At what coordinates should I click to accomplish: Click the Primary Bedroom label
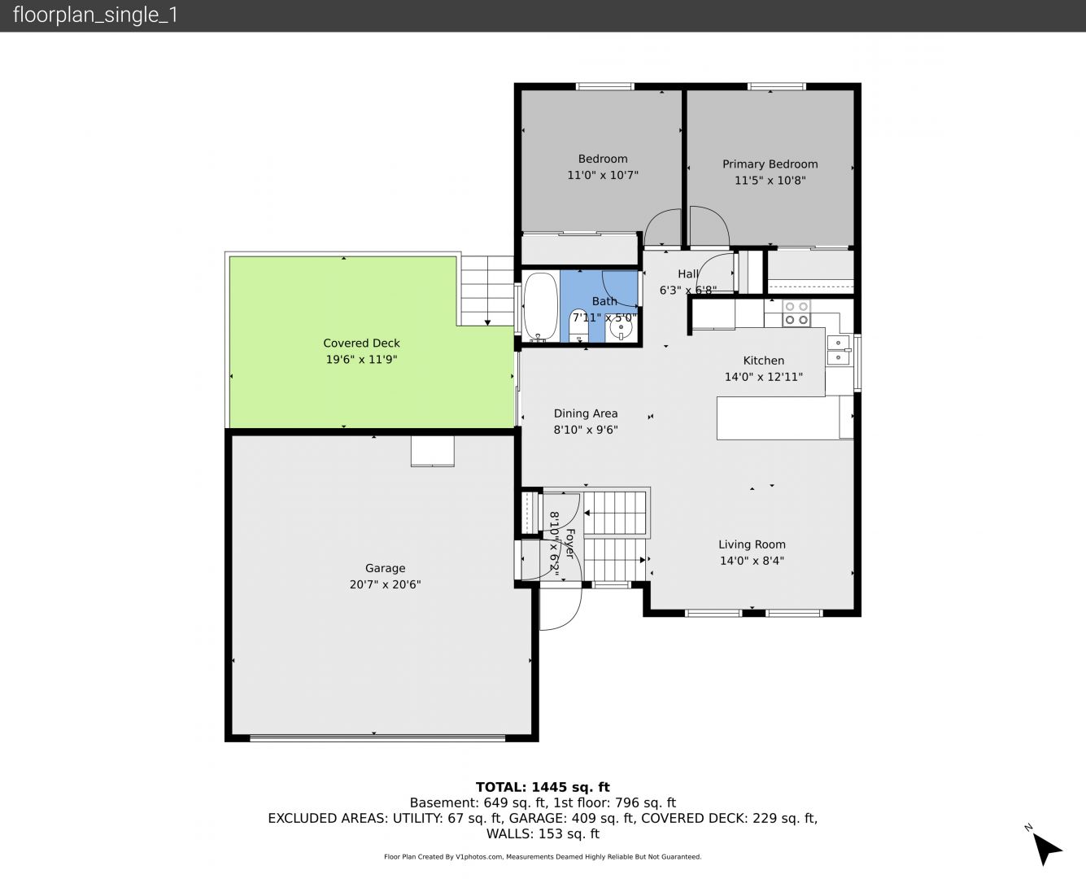click(x=770, y=164)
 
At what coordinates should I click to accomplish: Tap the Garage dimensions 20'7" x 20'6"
click(x=385, y=584)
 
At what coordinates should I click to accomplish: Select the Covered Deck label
click(x=361, y=343)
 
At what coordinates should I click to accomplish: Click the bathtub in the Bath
click(x=541, y=307)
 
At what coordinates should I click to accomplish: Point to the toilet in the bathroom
click(x=578, y=326)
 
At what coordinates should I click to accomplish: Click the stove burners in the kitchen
click(x=796, y=313)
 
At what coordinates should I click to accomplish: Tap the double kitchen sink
click(x=838, y=350)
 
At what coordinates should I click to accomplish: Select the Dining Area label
click(x=586, y=413)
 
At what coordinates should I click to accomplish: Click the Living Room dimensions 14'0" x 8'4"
click(x=752, y=561)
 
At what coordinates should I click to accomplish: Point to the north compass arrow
click(x=1047, y=849)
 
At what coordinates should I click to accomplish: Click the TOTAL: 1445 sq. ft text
click(x=543, y=787)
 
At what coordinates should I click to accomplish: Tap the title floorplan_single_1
click(x=95, y=15)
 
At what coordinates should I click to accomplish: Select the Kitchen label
click(x=763, y=361)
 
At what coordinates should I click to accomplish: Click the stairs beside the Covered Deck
click(x=487, y=291)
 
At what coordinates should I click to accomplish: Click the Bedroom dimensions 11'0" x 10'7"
click(x=603, y=175)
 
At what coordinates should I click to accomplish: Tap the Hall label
click(x=688, y=274)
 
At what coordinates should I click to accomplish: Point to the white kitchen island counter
click(x=779, y=418)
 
